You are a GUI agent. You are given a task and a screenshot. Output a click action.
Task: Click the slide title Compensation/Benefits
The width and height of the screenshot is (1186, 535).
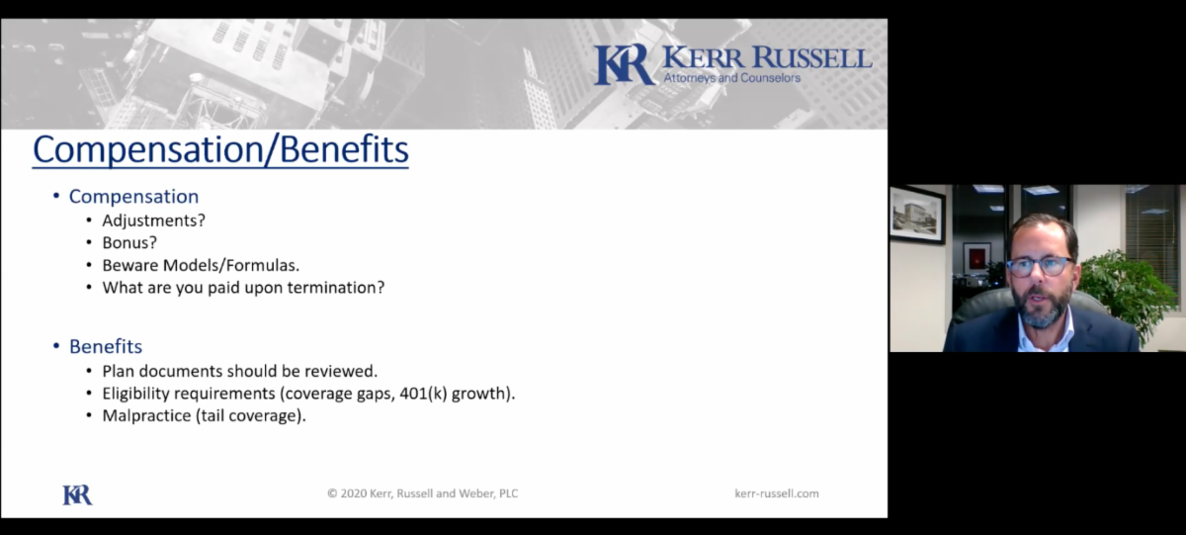[x=220, y=150]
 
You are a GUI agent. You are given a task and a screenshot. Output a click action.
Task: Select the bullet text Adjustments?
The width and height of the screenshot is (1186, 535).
[x=153, y=221]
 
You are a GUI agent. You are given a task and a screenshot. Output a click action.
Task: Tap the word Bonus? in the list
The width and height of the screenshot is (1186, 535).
[x=129, y=242]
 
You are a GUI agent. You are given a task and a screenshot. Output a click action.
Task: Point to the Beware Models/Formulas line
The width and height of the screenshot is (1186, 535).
[x=201, y=265]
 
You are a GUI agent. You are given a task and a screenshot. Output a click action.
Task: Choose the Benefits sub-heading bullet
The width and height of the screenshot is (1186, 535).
[x=106, y=346]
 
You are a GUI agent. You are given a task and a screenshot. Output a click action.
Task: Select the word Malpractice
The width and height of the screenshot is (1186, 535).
[x=146, y=415]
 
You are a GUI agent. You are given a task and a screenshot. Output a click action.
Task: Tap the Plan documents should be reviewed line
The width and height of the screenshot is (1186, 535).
[x=240, y=371]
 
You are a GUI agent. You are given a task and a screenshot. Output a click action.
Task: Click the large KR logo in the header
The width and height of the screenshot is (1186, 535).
[x=625, y=64]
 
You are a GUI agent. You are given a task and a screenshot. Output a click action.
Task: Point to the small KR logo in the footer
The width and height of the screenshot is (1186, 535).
[x=77, y=494]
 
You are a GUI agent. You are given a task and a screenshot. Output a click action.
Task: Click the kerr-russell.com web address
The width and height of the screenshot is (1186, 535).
[x=777, y=493]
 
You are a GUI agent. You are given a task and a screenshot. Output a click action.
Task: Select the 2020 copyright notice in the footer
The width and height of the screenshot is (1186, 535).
[x=423, y=493]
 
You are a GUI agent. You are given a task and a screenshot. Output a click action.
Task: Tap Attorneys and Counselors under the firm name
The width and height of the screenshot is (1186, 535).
[x=732, y=78]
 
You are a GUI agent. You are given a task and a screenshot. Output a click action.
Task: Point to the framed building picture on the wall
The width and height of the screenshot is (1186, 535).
[x=917, y=214]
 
